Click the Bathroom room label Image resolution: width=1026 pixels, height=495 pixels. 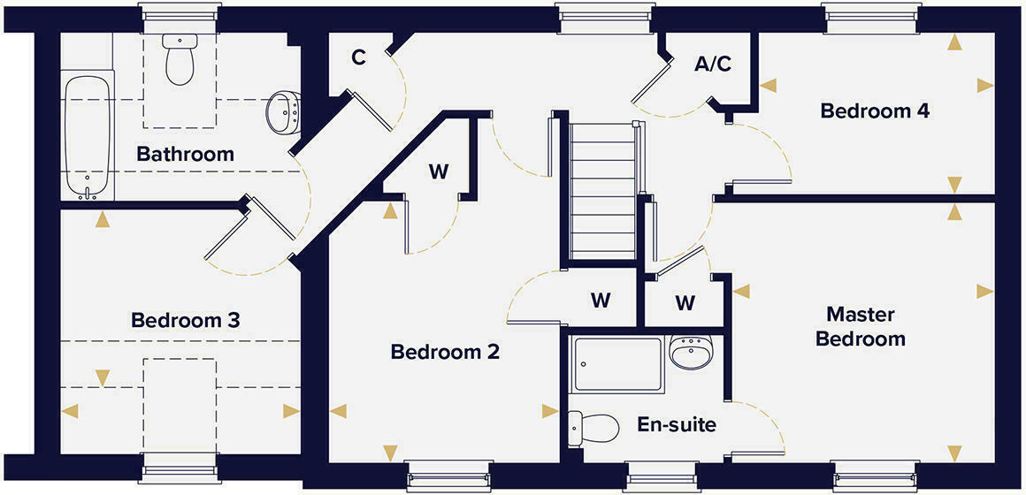[185, 155]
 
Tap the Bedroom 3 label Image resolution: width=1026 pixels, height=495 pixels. [186, 320]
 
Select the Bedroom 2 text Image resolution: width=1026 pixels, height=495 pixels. [445, 352]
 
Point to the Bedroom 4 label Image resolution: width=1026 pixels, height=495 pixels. [875, 111]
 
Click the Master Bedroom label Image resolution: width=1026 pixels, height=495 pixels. [861, 326]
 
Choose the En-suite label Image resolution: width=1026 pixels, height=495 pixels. [677, 425]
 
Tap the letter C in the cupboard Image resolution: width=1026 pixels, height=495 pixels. [358, 58]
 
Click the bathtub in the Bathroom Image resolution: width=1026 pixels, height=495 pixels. [88, 137]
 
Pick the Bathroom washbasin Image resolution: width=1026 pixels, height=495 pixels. [284, 111]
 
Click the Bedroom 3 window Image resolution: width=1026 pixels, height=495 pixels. [180, 468]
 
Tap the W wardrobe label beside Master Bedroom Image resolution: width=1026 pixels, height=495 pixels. [685, 303]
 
